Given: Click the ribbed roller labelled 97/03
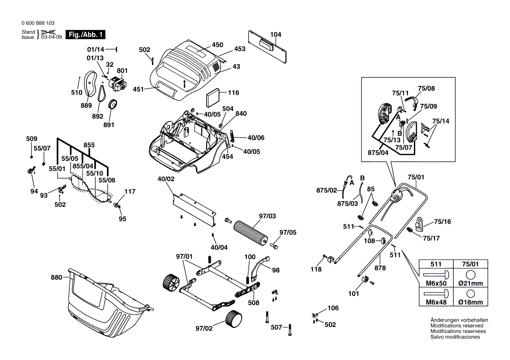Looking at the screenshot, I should click(251, 233).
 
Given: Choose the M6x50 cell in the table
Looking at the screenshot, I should click(436, 283).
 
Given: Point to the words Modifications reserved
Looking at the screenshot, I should click(457, 326).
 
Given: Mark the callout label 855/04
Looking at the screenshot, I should click(83, 166).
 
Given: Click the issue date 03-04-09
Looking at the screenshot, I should click(52, 38).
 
